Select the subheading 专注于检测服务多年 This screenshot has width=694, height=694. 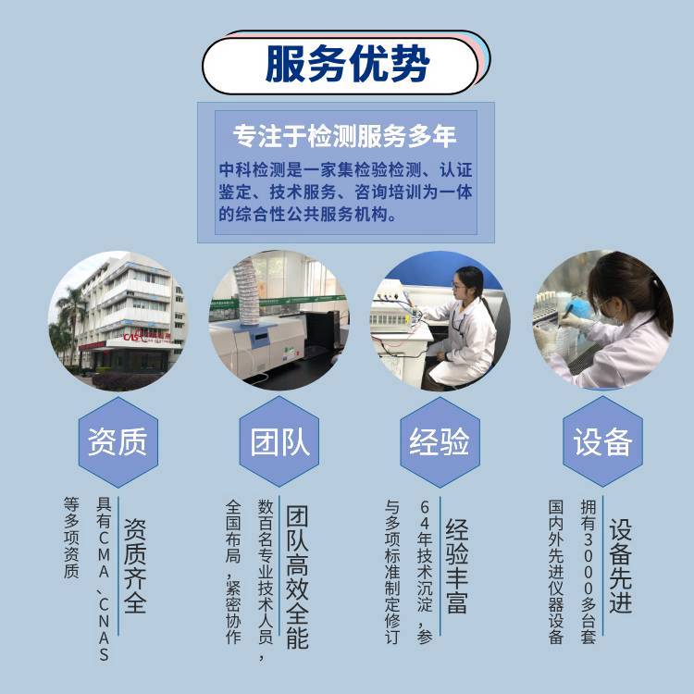[x=345, y=135]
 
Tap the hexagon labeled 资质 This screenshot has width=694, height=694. [x=118, y=441]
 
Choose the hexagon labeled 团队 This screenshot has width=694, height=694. [x=279, y=441]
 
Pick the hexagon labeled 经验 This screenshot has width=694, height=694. [x=440, y=441]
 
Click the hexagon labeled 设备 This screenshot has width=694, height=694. [x=602, y=441]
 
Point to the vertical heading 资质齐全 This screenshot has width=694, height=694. [x=135, y=565]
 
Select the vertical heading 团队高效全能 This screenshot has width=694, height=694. [x=297, y=577]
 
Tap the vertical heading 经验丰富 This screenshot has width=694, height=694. [x=457, y=565]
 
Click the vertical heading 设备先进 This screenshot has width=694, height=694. [x=621, y=565]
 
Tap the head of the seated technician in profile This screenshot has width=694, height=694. [x=468, y=283]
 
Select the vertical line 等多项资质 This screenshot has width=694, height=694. [x=71, y=538]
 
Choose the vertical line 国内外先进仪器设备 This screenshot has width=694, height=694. [x=556, y=572]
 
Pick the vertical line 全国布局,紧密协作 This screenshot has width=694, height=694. [x=233, y=572]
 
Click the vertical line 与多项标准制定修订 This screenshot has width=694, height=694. [x=392, y=572]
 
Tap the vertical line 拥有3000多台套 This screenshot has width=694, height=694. [x=589, y=572]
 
